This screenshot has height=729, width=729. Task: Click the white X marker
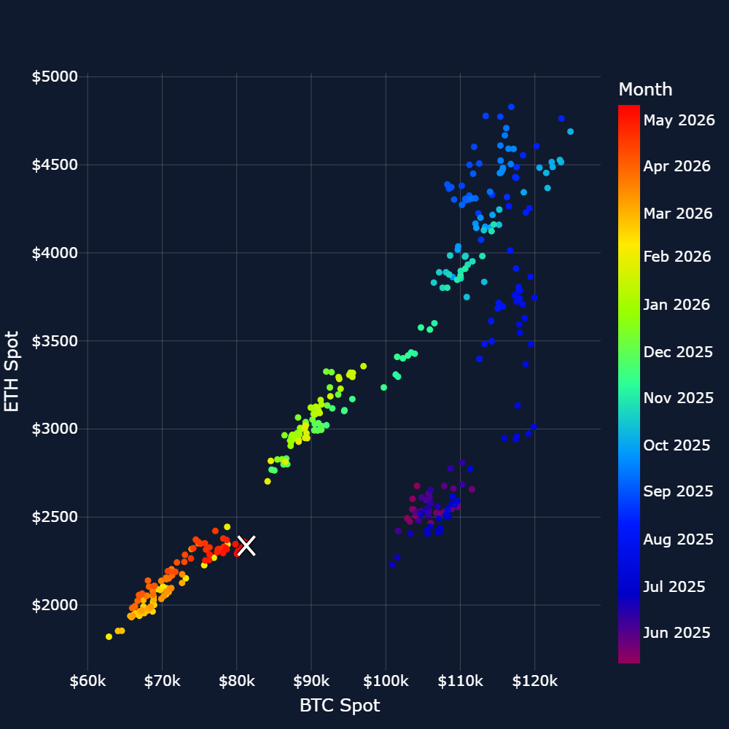click(246, 546)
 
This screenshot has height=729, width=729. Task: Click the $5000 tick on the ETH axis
click(55, 77)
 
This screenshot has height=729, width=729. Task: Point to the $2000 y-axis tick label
click(55, 605)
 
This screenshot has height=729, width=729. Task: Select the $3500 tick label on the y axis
click(55, 340)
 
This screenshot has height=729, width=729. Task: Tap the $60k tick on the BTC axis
click(87, 681)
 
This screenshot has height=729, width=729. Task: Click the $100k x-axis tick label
click(386, 681)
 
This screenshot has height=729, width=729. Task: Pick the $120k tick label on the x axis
click(534, 681)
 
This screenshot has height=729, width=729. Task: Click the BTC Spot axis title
click(340, 705)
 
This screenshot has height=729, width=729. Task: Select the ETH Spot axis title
click(11, 372)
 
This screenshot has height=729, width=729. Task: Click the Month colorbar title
click(645, 89)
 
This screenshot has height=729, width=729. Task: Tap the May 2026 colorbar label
click(679, 120)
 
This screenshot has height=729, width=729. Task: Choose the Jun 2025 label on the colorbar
click(677, 632)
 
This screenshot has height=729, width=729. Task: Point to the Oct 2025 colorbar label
click(677, 445)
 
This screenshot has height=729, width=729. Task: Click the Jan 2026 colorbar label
click(677, 305)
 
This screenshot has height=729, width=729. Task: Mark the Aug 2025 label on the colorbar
click(678, 539)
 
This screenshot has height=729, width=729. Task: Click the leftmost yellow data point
click(109, 636)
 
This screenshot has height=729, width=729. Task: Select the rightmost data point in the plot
click(571, 131)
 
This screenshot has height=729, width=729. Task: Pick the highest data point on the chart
click(511, 107)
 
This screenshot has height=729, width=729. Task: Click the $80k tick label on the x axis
click(237, 681)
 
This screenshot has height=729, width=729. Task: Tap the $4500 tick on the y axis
click(55, 165)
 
